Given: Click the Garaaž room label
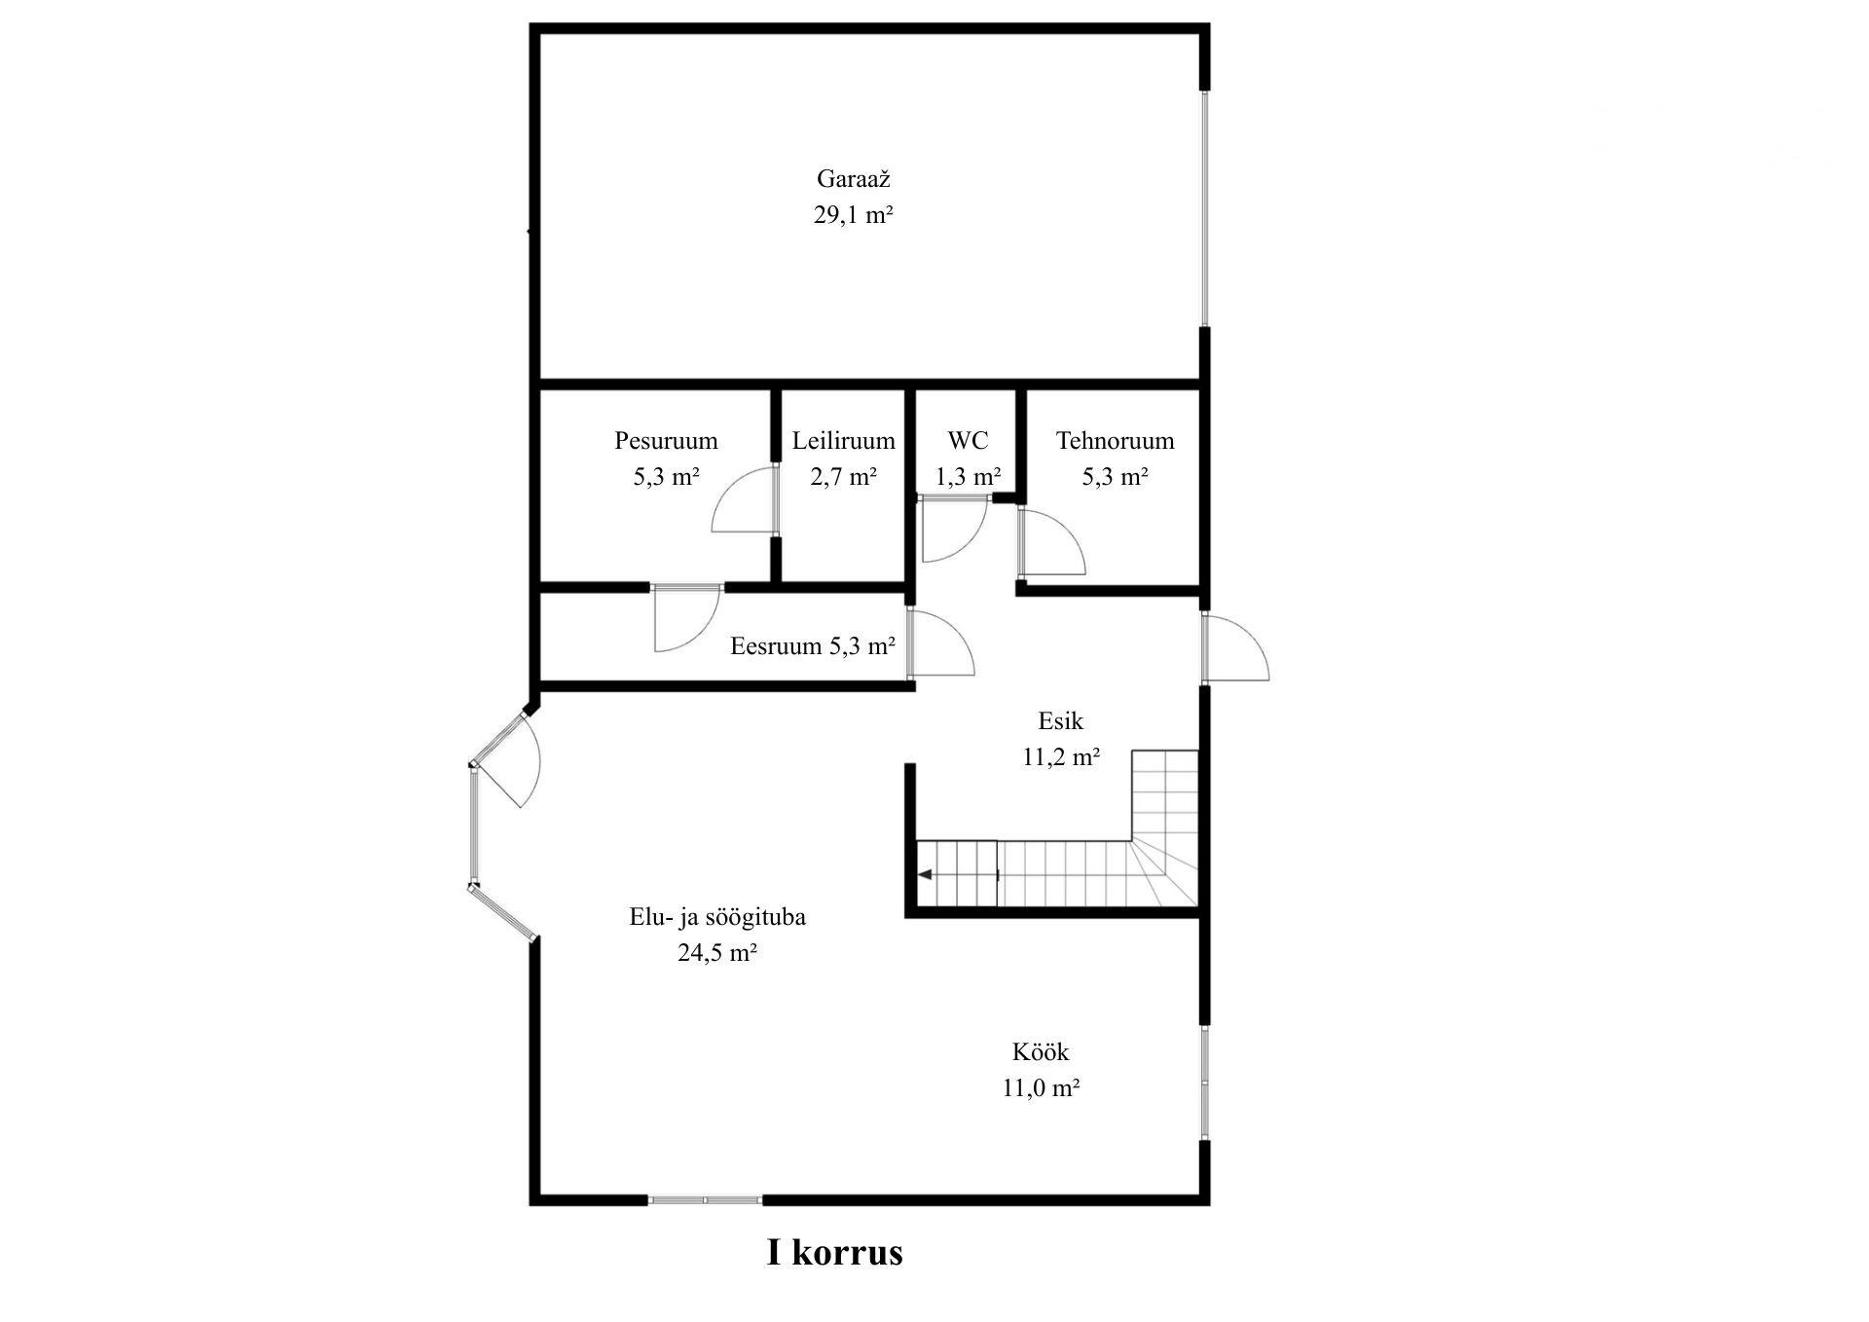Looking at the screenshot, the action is tap(854, 179).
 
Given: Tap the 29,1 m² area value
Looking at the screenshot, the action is tap(854, 215).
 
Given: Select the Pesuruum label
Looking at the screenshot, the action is tap(666, 441).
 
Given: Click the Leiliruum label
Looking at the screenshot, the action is tap(843, 441).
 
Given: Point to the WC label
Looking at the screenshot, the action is tap(968, 441).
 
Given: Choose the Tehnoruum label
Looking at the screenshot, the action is tap(1115, 441).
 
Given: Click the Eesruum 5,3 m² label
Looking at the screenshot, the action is tap(813, 646).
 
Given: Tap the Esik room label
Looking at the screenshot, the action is tap(1060, 721).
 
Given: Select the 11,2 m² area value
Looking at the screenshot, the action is tap(1061, 757).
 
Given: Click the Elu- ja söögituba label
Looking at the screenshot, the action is tap(717, 917).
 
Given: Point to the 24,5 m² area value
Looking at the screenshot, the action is tap(717, 953).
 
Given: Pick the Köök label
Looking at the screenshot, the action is tap(1041, 1052).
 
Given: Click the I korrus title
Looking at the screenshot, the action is tap(835, 1252).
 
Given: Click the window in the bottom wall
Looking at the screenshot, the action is tap(705, 1200).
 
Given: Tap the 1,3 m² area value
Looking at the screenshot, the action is tap(968, 477).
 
